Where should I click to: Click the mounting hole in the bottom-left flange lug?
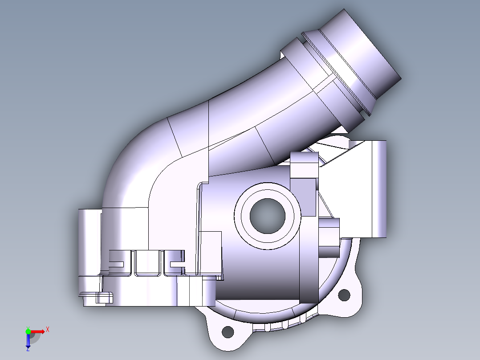(x=228, y=331)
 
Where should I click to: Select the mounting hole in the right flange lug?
(x=344, y=295)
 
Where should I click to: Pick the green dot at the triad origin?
(x=28, y=331)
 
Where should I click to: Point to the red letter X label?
(x=47, y=330)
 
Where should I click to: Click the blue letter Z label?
(x=28, y=349)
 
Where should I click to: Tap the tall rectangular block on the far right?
(x=376, y=189)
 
